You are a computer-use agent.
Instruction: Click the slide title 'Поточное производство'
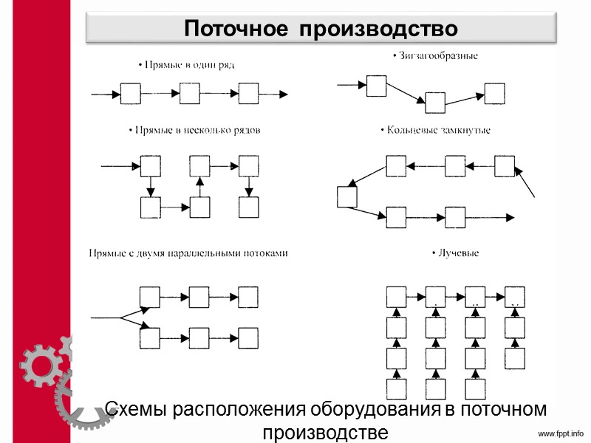(321, 29)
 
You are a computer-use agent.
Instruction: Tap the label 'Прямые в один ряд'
(186, 65)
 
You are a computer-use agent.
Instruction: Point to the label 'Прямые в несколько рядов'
(194, 130)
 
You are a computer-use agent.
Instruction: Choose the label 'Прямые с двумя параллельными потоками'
(188, 253)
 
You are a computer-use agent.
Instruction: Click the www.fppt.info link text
(559, 433)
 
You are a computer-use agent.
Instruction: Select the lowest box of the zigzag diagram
(435, 103)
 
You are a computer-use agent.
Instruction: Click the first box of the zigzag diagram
(377, 86)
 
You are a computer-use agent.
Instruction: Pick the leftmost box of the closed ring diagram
(347, 198)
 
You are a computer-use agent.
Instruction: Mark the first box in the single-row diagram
(131, 94)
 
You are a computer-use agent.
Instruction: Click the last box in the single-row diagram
(249, 94)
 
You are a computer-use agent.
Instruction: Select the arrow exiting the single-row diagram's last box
(274, 94)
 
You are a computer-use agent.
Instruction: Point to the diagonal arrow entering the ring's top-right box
(526, 182)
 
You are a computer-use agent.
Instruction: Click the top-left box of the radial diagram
(397, 297)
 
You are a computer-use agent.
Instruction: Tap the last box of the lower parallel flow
(249, 338)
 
